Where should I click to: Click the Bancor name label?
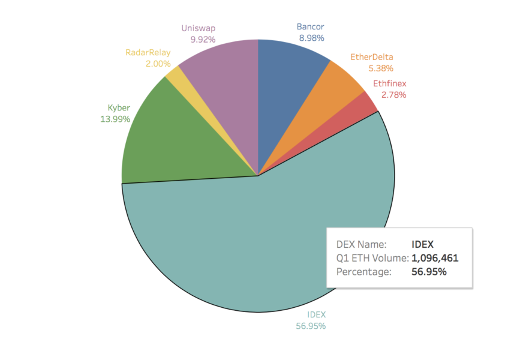311,27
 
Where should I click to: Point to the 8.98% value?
311,38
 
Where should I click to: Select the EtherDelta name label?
372,58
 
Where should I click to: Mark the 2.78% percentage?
393,95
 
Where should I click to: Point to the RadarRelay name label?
148,53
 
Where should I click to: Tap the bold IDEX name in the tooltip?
422,245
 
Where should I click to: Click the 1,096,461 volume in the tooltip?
435,258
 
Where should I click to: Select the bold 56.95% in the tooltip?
429,272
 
